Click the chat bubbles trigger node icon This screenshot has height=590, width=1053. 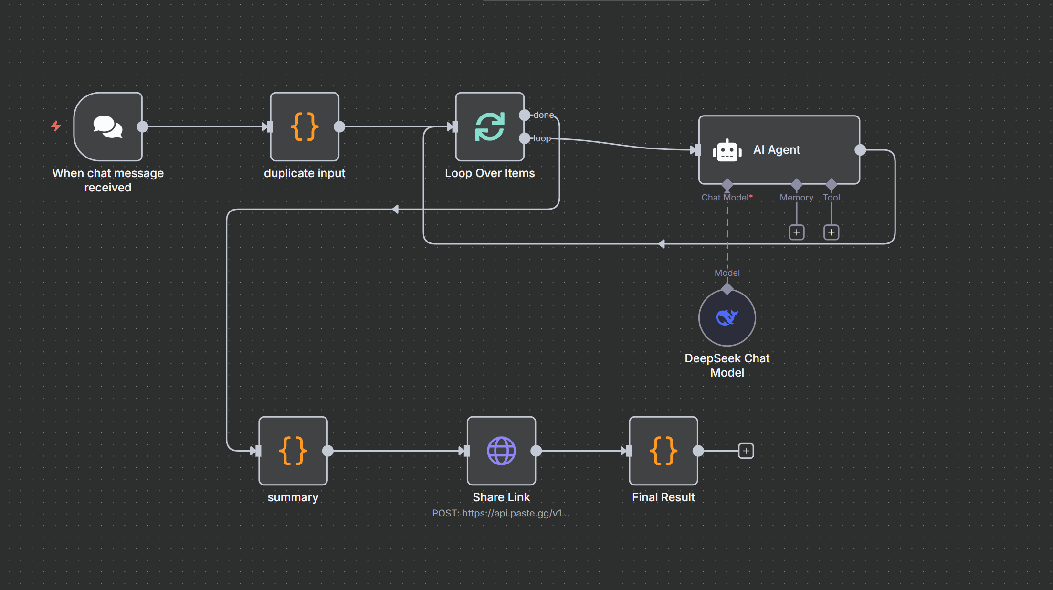(108, 126)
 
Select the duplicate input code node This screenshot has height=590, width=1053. (305, 126)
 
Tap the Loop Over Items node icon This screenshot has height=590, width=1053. (490, 126)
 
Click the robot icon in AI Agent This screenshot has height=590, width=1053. (727, 150)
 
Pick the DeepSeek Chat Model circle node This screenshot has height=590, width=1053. (727, 317)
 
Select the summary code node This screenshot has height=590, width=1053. (293, 451)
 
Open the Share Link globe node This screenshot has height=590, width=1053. (501, 451)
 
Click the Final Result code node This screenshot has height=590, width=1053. (663, 451)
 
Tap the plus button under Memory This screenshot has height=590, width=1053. (797, 232)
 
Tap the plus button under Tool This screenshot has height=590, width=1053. (832, 232)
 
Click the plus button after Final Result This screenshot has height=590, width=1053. (746, 451)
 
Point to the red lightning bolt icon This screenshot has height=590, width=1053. (56, 126)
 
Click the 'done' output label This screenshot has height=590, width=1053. (544, 115)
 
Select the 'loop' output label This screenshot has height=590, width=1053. (542, 138)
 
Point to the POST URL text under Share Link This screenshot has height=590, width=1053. (501, 513)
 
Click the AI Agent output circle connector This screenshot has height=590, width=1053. (860, 150)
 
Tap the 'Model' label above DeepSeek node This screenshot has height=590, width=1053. (727, 273)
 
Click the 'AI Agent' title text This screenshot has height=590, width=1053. (777, 150)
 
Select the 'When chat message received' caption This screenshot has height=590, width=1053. (108, 180)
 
